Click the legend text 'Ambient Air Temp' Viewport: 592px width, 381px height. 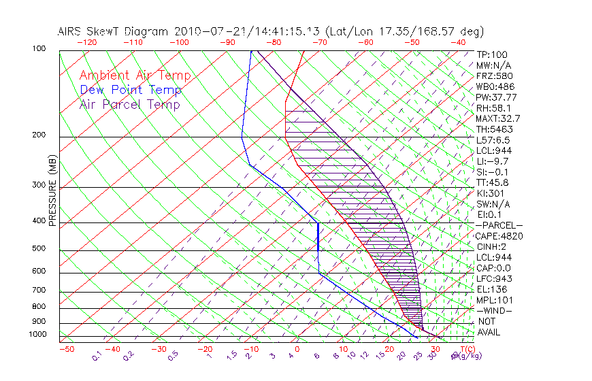click(135, 76)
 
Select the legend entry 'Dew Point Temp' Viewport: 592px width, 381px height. click(131, 90)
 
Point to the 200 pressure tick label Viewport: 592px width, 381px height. click(39, 135)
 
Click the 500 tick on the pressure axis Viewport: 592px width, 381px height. click(39, 249)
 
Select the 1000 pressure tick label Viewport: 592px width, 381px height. click(37, 334)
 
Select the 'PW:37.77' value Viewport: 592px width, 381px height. click(497, 97)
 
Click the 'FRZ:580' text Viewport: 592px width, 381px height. click(495, 76)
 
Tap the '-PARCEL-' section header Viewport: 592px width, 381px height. click(499, 225)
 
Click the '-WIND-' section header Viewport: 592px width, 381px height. click(495, 311)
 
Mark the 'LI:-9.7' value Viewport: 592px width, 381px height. click(493, 161)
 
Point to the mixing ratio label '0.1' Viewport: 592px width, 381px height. click(97, 355)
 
